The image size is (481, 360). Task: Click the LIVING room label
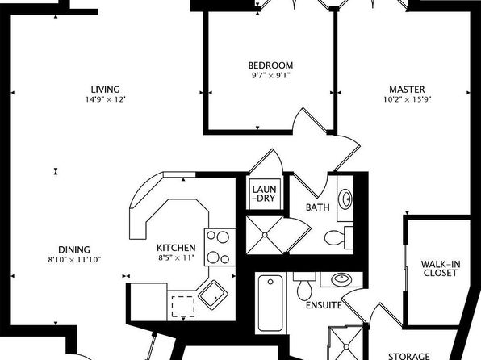coord(105,90)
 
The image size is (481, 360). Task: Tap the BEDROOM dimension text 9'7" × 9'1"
coord(271,76)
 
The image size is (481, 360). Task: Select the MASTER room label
coord(407,90)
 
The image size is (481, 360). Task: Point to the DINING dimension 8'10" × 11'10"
coord(74,260)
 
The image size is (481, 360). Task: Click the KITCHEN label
coord(176,248)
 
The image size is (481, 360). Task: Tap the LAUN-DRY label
coord(264,194)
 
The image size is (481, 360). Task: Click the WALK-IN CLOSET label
coord(441,269)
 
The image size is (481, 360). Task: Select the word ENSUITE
coord(324,305)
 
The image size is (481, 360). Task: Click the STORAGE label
coord(409,356)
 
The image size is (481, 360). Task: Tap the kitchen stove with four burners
coord(220,247)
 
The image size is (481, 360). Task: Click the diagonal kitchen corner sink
coord(213,294)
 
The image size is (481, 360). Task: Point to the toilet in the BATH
coord(339,237)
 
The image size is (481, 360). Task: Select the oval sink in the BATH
coord(345,199)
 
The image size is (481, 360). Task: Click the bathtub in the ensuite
coord(270,303)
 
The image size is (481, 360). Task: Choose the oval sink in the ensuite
coord(341,279)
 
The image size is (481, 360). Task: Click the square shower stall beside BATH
coord(265,235)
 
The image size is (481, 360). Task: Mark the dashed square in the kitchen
coord(183,306)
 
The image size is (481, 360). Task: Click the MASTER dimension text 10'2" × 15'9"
coord(408,100)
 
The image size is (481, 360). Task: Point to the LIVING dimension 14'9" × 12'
coord(106,100)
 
